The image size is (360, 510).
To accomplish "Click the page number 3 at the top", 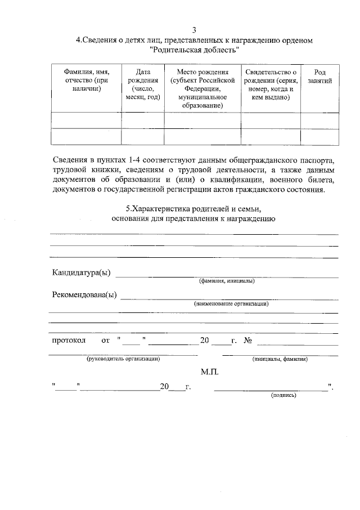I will (193, 30).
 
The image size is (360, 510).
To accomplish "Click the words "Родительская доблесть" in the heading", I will (195, 50).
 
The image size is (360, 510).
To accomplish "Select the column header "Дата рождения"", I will (143, 84).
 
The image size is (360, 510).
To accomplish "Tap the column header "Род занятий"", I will (319, 76).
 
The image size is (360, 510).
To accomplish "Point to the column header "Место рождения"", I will (202, 89).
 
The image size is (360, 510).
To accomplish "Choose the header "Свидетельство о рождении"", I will (271, 84).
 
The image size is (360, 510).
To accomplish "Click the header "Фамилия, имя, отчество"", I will (86, 80).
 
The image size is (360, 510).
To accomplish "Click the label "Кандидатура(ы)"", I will (81, 274).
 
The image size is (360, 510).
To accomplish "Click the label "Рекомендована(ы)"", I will (84, 296).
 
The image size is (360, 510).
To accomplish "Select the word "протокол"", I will (68, 341).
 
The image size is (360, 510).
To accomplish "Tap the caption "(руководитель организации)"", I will (123, 359).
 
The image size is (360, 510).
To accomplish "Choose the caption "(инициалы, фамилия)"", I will (280, 359).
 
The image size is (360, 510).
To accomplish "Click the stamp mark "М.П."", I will (209, 372).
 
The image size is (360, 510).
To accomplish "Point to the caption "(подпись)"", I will (283, 395).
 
